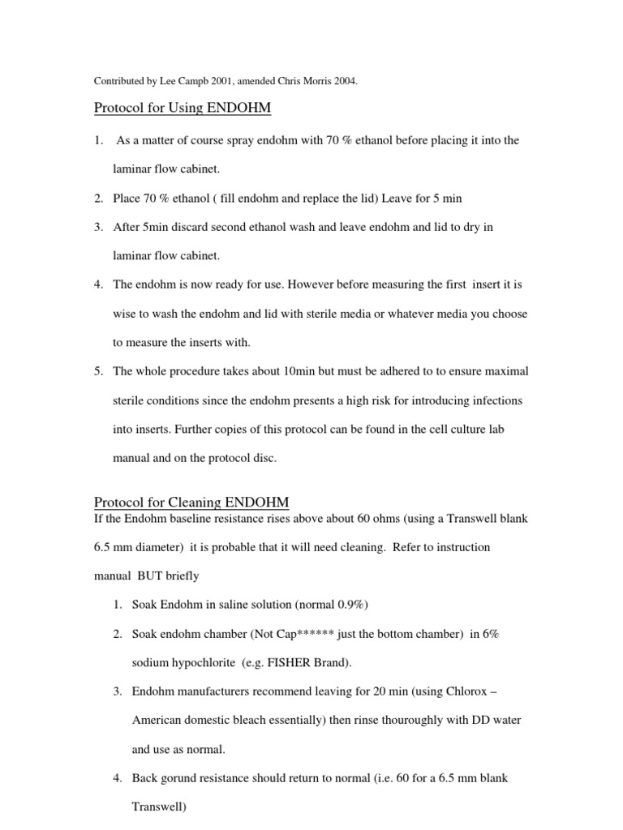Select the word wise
tap(125, 314)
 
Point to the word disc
tap(264, 458)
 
